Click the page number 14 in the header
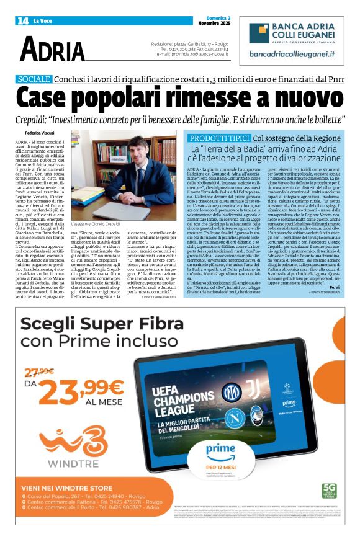pyautogui.click(x=22, y=20)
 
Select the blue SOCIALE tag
pyautogui.click(x=35, y=79)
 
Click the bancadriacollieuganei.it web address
pyautogui.click(x=292, y=54)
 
